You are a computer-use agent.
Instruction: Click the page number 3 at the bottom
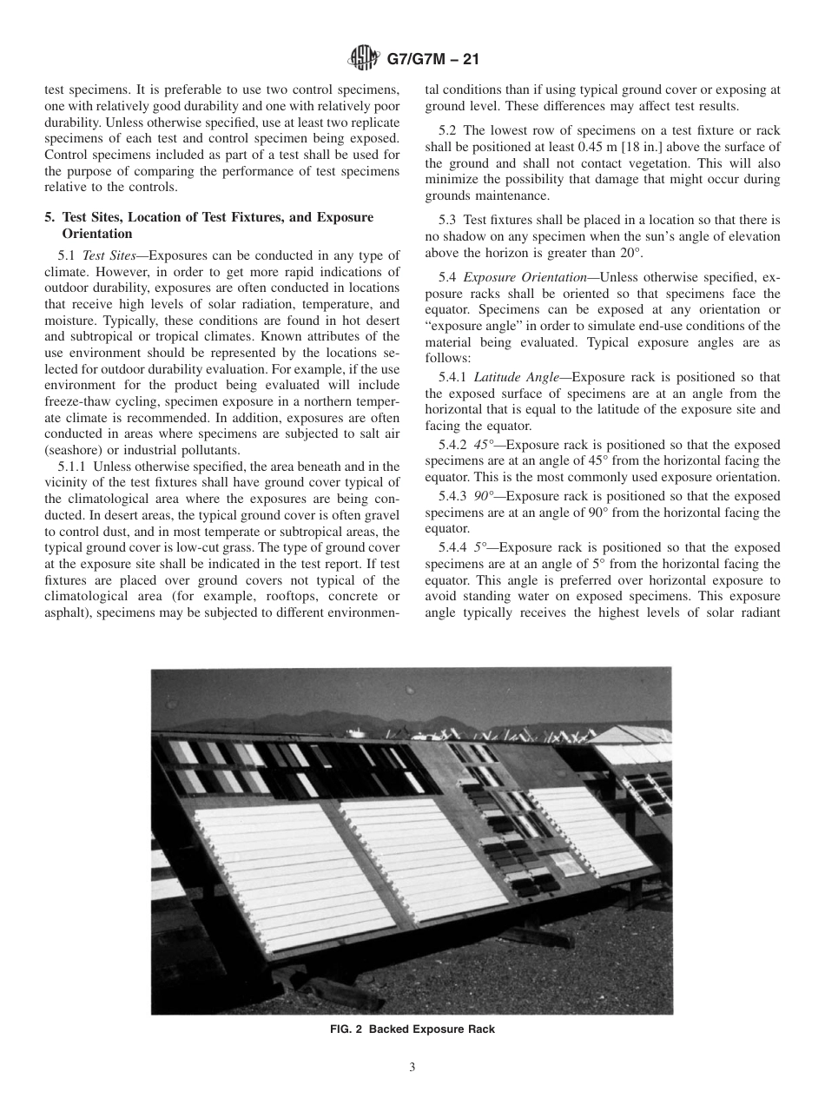[x=412, y=1067]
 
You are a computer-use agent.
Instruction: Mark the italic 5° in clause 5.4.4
[x=482, y=547]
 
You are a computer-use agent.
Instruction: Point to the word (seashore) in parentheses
[x=75, y=449]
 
